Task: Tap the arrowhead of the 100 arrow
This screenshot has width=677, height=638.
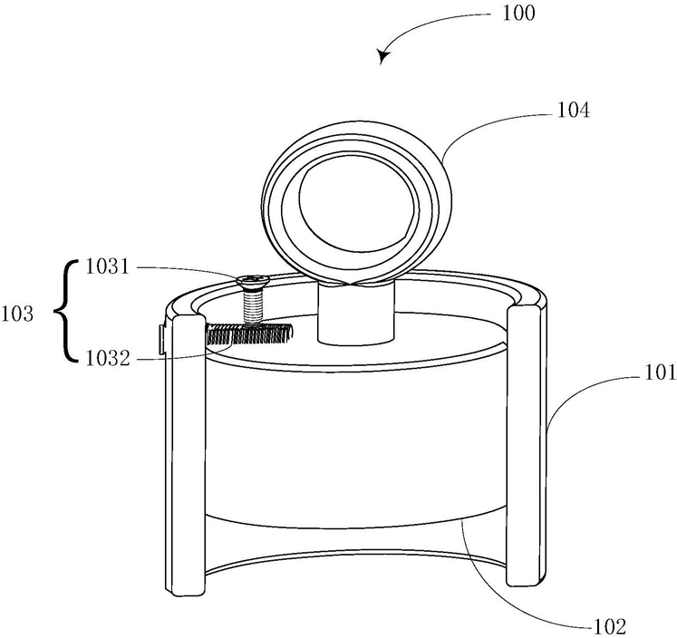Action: tap(384, 57)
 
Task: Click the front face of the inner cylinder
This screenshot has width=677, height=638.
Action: tap(353, 435)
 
